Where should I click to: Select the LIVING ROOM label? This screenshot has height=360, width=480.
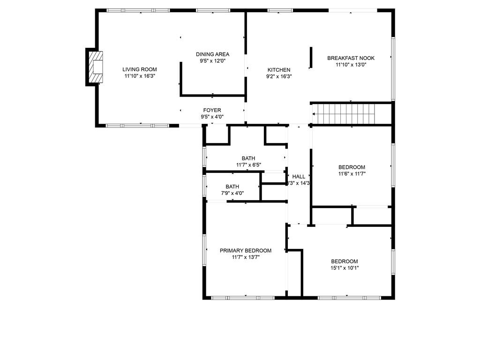(x=140, y=69)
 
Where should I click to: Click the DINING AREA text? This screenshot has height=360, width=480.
(x=212, y=54)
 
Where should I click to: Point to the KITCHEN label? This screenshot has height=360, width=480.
(x=279, y=70)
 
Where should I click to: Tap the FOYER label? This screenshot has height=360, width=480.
(x=212, y=111)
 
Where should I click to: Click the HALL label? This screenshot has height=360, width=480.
(x=299, y=177)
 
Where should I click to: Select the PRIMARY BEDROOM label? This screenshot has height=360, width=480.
(x=246, y=251)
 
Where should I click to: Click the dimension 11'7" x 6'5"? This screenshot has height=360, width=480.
(x=248, y=165)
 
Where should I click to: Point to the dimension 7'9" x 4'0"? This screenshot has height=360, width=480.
(x=232, y=193)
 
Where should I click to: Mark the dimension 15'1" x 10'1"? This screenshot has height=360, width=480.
(x=345, y=268)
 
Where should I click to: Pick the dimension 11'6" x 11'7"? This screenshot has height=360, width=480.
(x=352, y=174)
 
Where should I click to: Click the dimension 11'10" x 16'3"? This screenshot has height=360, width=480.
(x=140, y=76)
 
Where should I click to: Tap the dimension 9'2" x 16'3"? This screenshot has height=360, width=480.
(x=279, y=76)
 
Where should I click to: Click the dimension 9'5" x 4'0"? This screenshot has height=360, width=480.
(x=212, y=117)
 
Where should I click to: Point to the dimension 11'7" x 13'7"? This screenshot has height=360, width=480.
(x=246, y=257)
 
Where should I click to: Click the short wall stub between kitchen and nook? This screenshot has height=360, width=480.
(x=311, y=57)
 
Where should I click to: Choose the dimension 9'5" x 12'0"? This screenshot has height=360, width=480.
(x=212, y=61)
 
